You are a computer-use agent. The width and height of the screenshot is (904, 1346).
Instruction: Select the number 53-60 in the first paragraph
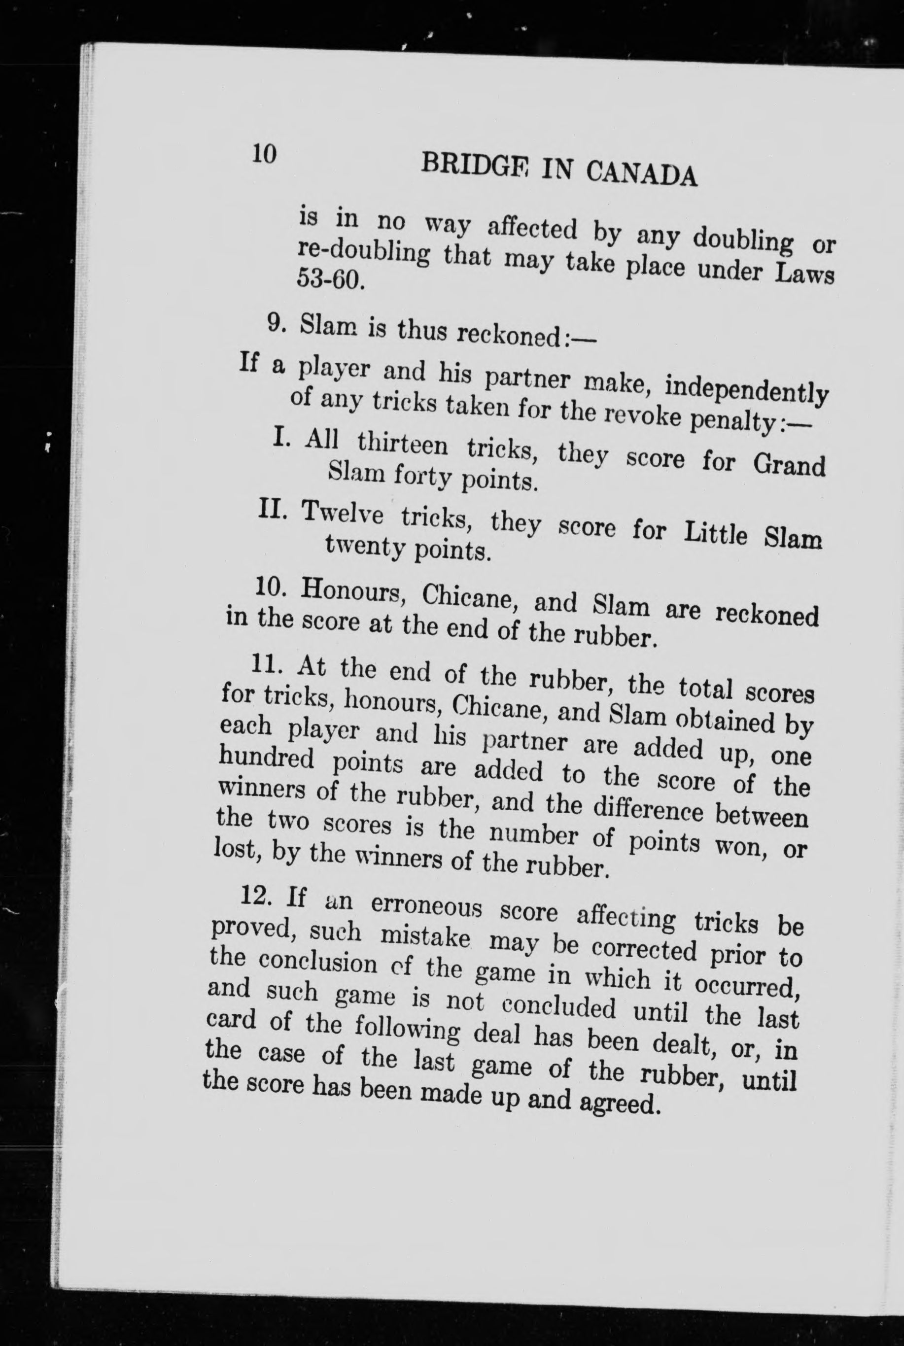tap(330, 280)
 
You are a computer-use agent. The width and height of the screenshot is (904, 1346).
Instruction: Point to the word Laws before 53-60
tap(804, 274)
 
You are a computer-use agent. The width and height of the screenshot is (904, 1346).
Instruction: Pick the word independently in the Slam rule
tap(746, 390)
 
